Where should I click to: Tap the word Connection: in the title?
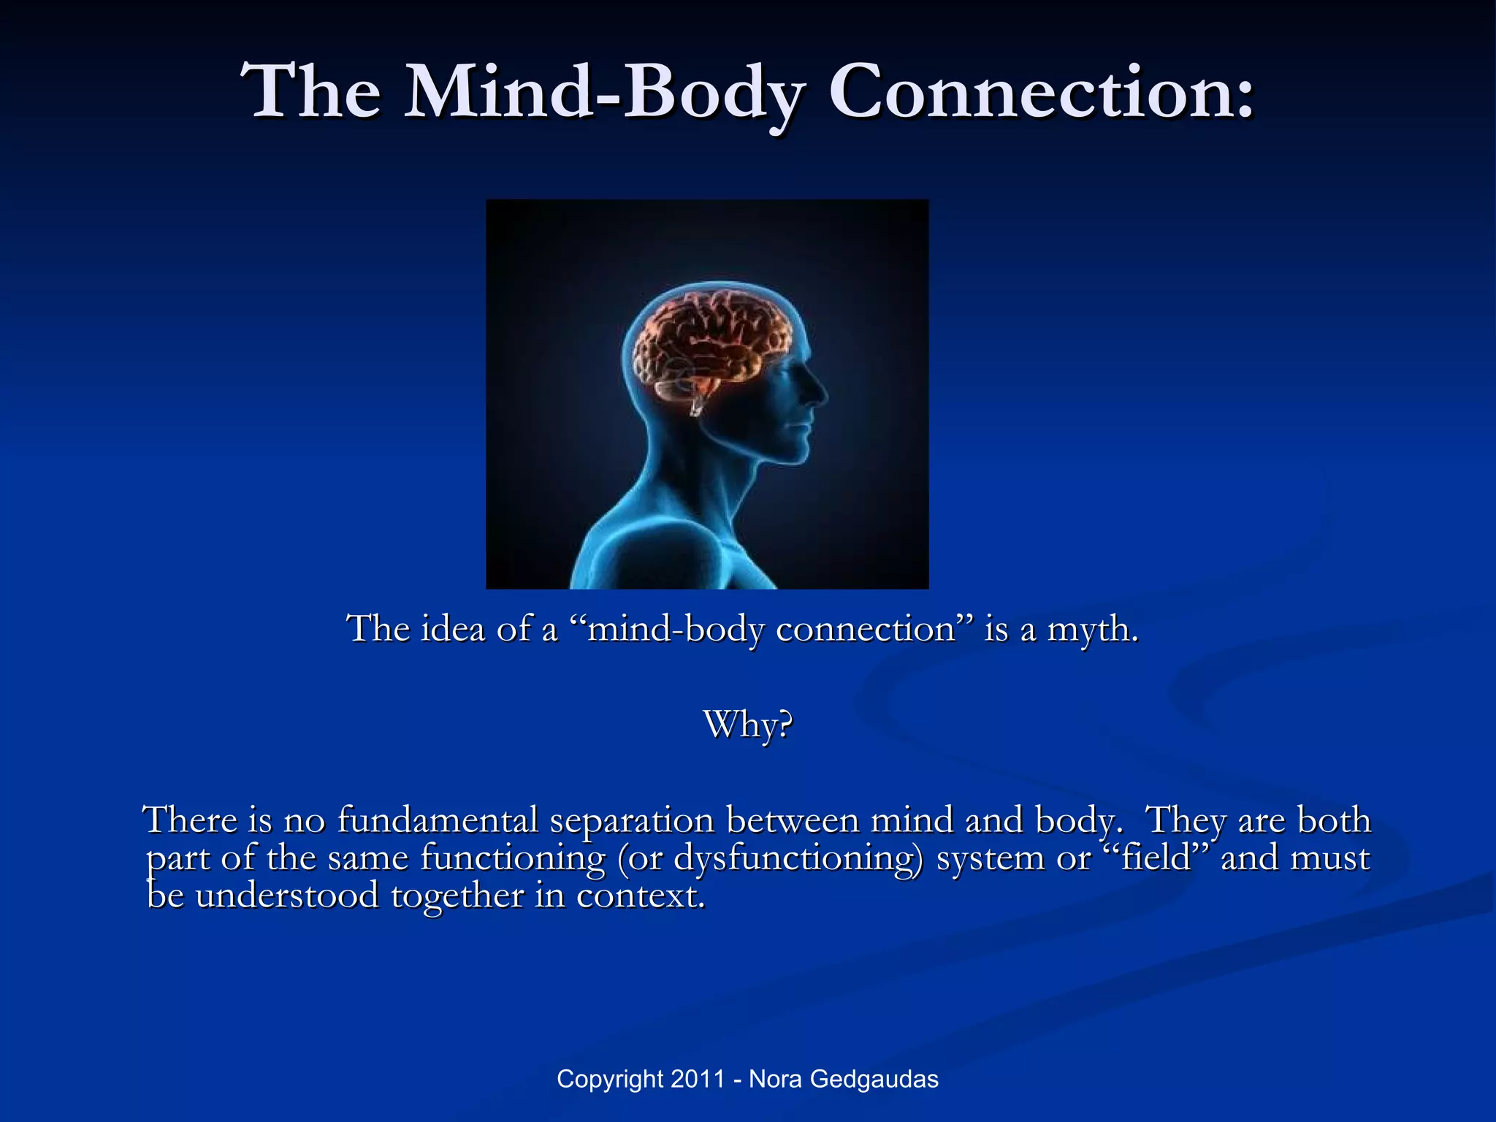coord(1040,93)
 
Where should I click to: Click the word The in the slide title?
coord(314,93)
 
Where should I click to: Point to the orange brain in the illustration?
coord(712,340)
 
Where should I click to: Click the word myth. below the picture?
coord(1093,630)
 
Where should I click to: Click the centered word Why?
coord(748,725)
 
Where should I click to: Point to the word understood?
coord(286,896)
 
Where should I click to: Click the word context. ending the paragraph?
coord(641,896)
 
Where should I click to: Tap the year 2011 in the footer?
coord(698,1079)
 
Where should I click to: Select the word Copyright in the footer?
coord(610,1080)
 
